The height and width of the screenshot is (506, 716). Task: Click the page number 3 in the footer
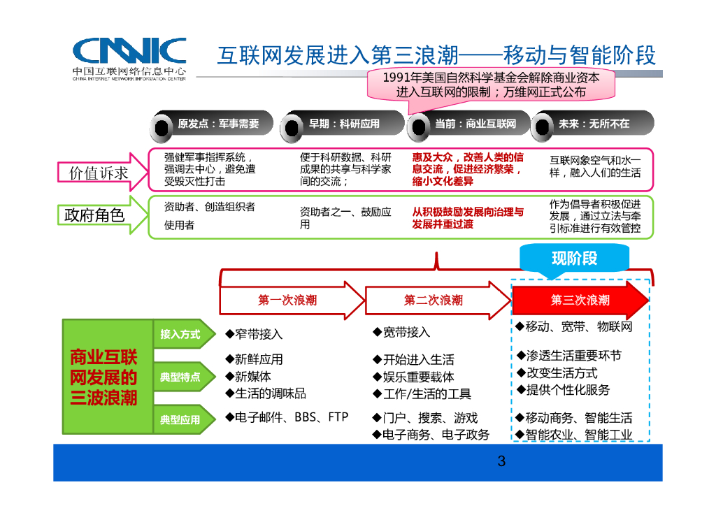point(501,461)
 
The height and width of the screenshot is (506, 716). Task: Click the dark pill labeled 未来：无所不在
point(593,124)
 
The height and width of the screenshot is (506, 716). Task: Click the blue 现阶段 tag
point(574,259)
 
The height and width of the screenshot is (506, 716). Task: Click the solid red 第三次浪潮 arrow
point(580,301)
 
